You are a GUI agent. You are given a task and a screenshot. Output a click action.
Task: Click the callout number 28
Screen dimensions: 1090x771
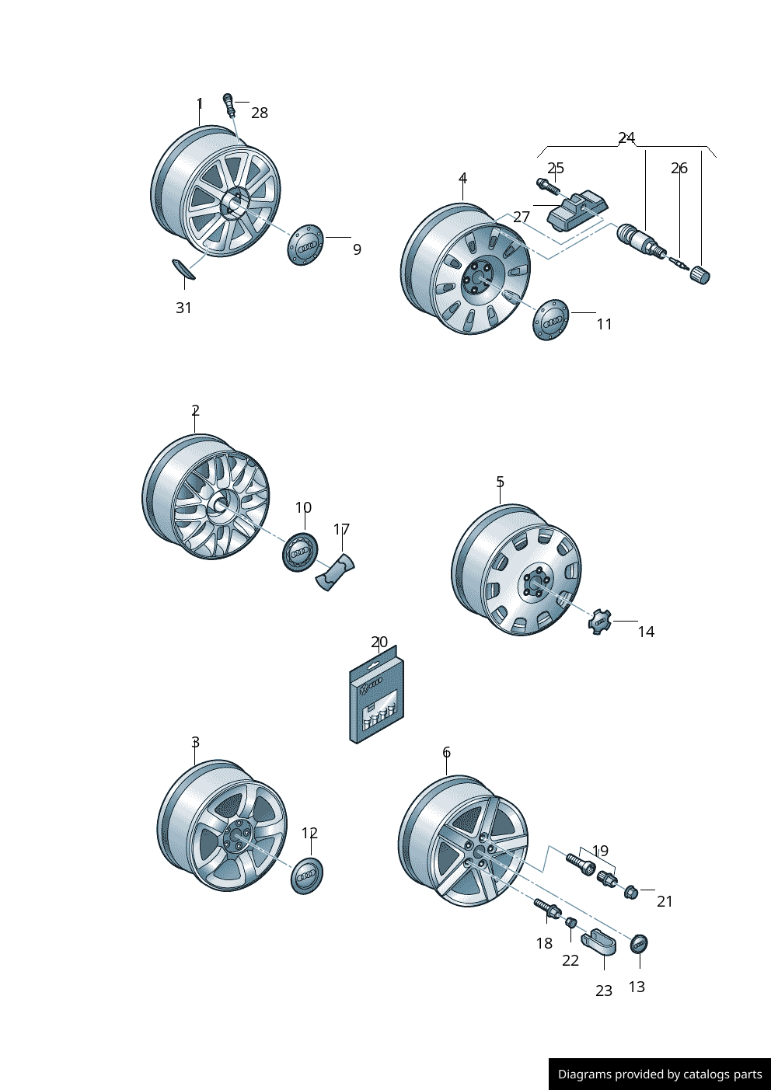coord(260,113)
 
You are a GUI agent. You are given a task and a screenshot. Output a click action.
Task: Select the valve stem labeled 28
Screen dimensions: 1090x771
coord(229,103)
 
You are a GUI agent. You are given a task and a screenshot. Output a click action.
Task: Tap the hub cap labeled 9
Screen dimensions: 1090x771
coord(305,244)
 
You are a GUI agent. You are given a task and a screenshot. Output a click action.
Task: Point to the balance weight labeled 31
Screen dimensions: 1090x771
coord(183,269)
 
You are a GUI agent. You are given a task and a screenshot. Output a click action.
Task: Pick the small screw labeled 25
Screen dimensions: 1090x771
coord(546,186)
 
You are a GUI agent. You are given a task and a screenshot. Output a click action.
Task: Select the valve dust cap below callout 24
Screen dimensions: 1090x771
coord(700,275)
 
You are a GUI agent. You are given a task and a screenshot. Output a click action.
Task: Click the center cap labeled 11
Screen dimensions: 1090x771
coord(551,319)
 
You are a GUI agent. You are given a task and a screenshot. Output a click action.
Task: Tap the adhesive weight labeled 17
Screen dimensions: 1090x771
coord(335,573)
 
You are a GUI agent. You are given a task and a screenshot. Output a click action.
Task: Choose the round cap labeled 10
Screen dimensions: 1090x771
coord(299,552)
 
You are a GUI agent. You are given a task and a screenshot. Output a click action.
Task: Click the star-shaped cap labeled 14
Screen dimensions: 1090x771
coord(600,622)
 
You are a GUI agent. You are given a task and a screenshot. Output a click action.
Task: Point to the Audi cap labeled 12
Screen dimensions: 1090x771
coord(307,876)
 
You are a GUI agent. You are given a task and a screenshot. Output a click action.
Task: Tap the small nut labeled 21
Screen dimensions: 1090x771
coord(631,892)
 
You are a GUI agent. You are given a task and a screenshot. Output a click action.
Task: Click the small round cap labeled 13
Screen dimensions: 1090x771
coord(639,944)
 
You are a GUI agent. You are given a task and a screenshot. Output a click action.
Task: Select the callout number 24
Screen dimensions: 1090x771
coord(626,138)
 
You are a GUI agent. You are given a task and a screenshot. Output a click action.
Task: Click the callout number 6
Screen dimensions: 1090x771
coord(446,752)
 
